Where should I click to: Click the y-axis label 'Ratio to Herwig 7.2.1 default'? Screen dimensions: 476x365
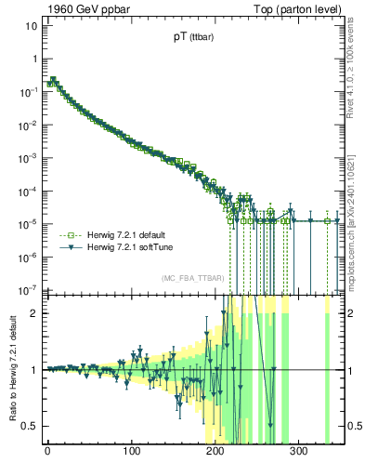click(x=11, y=370)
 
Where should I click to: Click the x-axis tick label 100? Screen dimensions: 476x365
click(x=131, y=453)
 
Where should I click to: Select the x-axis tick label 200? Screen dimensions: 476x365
click(x=215, y=453)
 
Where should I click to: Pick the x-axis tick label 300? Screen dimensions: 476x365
click(x=298, y=453)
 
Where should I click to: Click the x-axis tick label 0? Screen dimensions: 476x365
click(x=47, y=453)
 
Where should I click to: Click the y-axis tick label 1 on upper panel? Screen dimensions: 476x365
click(x=34, y=59)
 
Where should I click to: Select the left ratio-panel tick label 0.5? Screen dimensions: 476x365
click(x=30, y=427)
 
